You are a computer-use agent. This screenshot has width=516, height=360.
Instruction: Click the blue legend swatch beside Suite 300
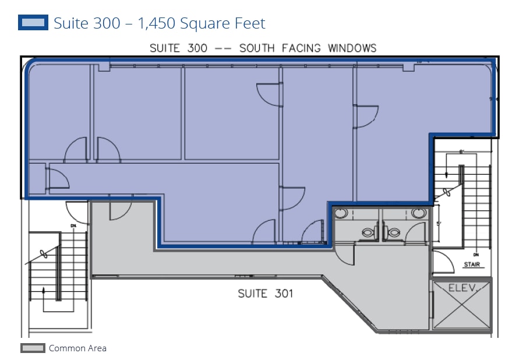pyautogui.click(x=33, y=23)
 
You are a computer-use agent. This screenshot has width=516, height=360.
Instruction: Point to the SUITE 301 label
pyautogui.click(x=265, y=294)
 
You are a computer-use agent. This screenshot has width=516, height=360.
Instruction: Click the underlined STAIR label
pyautogui.click(x=472, y=265)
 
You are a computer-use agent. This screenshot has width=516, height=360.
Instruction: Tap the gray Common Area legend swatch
pyautogui.click(x=33, y=348)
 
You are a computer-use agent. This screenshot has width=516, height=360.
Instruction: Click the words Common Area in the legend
pyautogui.click(x=77, y=348)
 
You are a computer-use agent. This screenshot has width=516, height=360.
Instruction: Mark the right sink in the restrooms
pyautogui.click(x=418, y=213)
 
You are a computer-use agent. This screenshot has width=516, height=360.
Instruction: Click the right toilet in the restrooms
pyautogui.click(x=394, y=232)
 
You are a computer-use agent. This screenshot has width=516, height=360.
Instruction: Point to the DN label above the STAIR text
pyautogui.click(x=476, y=255)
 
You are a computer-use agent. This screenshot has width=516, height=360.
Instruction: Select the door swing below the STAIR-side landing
pyautogui.click(x=442, y=264)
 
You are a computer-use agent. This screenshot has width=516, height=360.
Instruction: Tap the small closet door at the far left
pyautogui.click(x=57, y=178)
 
